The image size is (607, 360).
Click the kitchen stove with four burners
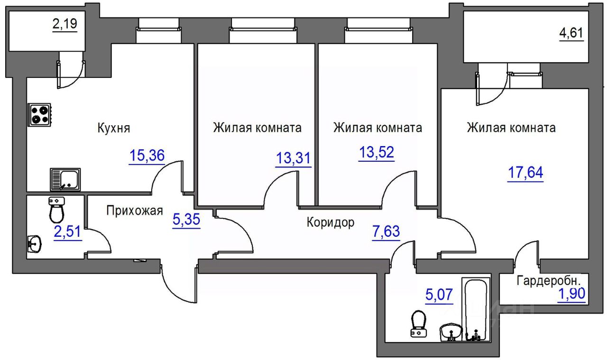[x=39, y=115]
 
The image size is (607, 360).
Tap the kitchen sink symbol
[x=65, y=179]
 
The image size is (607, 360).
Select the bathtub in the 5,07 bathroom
[x=476, y=309]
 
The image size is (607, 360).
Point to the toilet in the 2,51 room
[x=56, y=210]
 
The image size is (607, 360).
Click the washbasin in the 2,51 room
[x=34, y=244]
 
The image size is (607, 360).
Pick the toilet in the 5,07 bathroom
[x=418, y=323]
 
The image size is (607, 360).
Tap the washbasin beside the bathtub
[x=451, y=332]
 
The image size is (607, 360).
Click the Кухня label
[x=113, y=128]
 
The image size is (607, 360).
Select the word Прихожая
[x=134, y=211]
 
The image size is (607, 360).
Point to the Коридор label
[x=331, y=222]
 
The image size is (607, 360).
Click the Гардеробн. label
[x=549, y=281]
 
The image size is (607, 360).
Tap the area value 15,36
[x=147, y=155]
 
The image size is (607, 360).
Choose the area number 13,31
[x=293, y=158]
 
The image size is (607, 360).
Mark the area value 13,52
[x=377, y=152]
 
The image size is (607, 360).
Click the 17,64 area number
[x=525, y=172]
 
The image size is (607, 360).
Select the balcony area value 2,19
[x=65, y=24]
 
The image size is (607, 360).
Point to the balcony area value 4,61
[x=571, y=33]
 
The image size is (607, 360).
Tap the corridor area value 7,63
[x=386, y=231]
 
